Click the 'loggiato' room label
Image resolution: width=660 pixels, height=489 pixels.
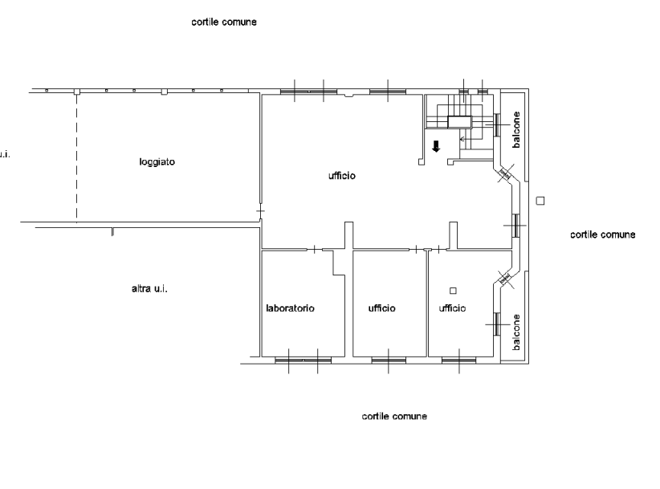tap(157, 162)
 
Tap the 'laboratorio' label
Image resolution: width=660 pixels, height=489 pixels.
tap(290, 308)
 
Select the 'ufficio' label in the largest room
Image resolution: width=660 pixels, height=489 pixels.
tap(341, 176)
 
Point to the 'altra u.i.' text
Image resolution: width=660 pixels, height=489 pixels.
tap(149, 288)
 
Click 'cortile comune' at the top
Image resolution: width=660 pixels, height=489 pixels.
tap(224, 22)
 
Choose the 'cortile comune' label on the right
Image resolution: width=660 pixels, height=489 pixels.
tap(602, 234)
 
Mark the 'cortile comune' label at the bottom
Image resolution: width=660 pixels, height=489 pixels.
tap(394, 416)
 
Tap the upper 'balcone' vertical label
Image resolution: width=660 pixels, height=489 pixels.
tap(517, 129)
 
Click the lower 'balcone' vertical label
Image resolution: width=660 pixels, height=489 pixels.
tap(517, 331)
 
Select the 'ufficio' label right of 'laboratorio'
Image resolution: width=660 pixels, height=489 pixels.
tap(382, 308)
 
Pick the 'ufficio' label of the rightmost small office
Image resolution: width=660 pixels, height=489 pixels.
tap(452, 308)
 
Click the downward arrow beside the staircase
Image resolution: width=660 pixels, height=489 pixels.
tap(435, 146)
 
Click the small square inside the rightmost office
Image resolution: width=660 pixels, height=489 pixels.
tap(454, 290)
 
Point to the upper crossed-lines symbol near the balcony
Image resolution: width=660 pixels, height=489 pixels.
tap(505, 173)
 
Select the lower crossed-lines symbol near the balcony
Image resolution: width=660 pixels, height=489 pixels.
tap(506, 279)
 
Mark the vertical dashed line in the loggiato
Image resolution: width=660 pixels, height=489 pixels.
tap(77, 161)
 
